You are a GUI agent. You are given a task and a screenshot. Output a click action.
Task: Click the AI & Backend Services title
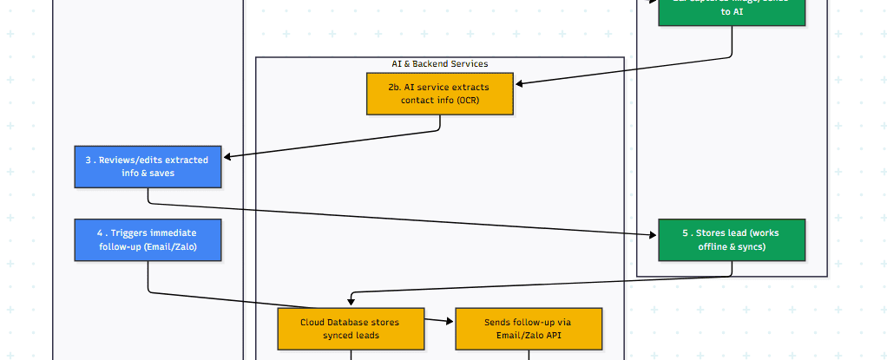click(439, 64)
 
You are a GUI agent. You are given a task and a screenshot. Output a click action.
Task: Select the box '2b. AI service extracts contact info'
click(439, 94)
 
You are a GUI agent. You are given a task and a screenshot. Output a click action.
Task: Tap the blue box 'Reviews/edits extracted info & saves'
click(148, 167)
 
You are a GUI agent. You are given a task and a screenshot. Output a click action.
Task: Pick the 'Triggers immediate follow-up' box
click(148, 239)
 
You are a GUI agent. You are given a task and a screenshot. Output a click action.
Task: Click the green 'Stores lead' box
click(732, 239)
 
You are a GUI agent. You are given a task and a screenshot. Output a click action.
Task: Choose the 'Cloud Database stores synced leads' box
click(351, 328)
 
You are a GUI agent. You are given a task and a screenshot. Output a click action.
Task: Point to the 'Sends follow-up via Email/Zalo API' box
click(528, 328)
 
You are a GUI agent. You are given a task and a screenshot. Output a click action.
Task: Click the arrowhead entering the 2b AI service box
click(519, 84)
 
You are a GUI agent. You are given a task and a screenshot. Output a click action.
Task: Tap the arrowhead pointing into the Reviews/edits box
click(227, 157)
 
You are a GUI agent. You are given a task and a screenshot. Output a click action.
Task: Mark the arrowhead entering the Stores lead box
click(654, 234)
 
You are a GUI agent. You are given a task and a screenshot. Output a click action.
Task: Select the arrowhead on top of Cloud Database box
click(351, 302)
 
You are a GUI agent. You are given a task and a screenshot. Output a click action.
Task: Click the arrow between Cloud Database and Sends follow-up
click(440, 321)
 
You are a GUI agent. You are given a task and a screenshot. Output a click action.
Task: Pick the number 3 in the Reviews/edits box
click(89, 160)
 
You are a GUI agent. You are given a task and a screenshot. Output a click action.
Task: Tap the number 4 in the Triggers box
click(101, 232)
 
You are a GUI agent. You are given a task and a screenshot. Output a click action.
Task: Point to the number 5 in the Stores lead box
click(685, 232)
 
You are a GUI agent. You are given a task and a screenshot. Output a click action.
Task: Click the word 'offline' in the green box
click(715, 247)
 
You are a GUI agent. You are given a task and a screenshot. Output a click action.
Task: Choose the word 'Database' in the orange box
click(352, 322)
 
